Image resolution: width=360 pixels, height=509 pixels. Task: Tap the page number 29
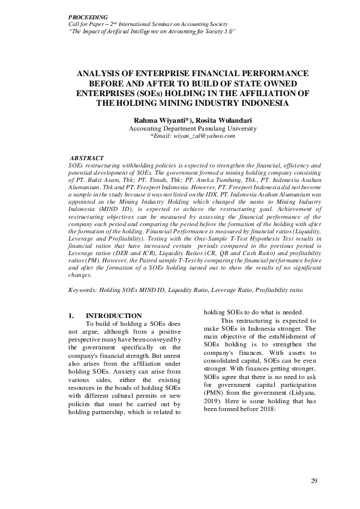(x=313, y=481)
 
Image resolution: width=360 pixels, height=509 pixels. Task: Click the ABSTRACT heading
(x=87, y=158)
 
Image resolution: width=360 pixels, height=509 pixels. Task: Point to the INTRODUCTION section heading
(x=114, y=316)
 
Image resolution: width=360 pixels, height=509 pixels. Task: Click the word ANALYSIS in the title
(x=100, y=73)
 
